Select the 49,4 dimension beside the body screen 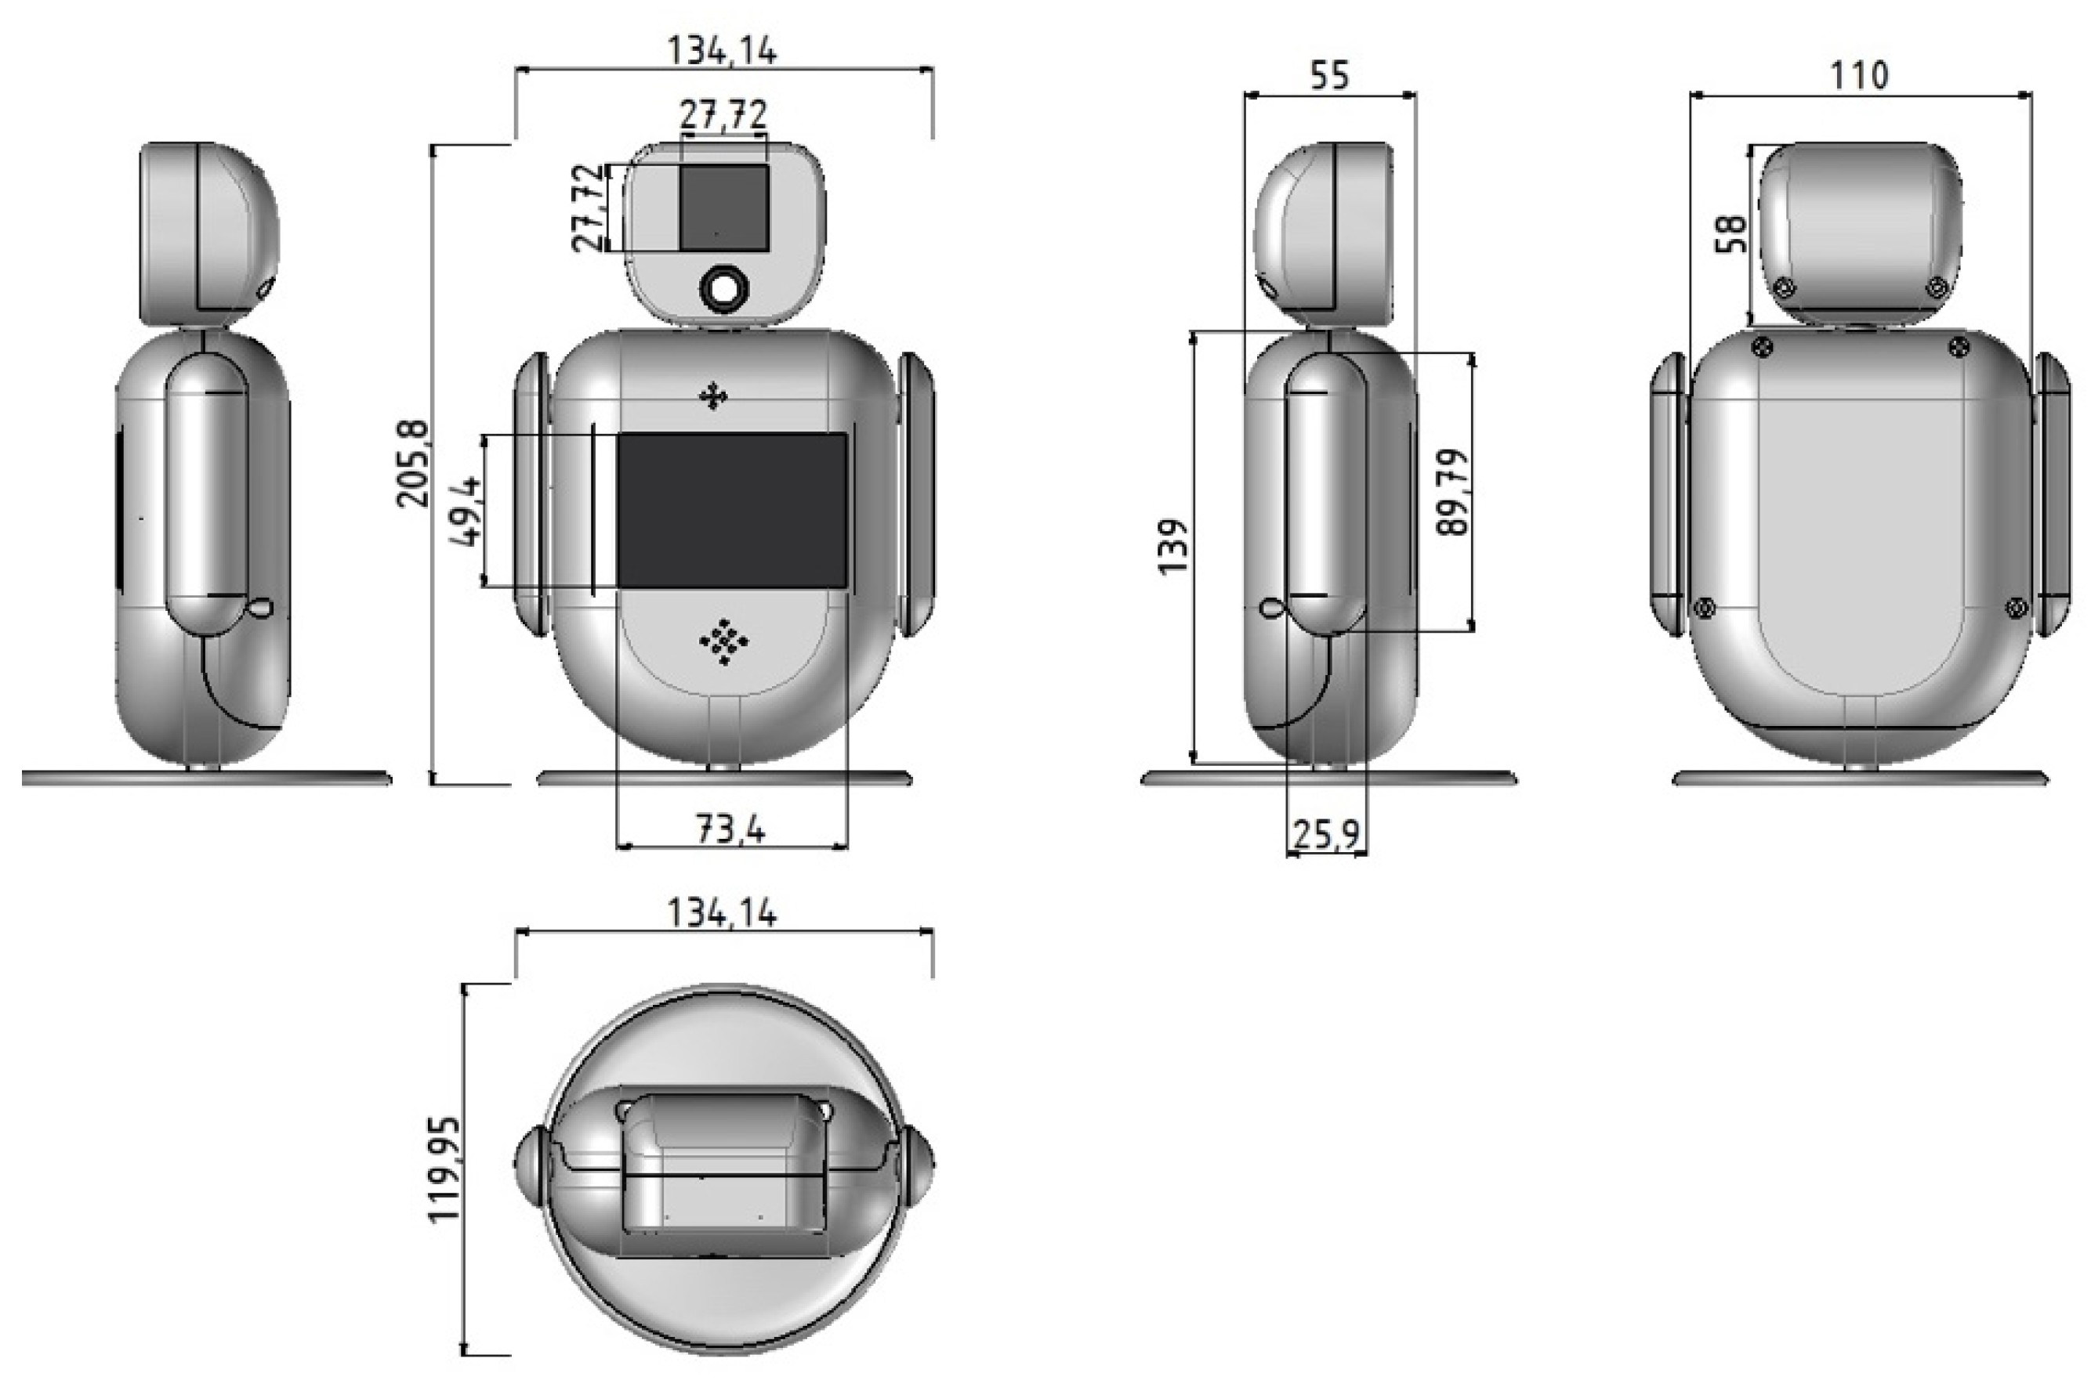click(x=466, y=511)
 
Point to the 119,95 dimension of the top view click(x=444, y=1168)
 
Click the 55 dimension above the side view click(x=1328, y=76)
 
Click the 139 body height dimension click(x=1172, y=547)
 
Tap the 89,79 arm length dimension click(x=1451, y=493)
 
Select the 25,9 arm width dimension click(x=1326, y=833)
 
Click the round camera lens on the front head click(x=723, y=287)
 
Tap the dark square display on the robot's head click(x=723, y=208)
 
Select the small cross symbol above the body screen click(x=712, y=397)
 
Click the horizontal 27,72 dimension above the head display click(x=723, y=115)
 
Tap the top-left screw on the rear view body click(x=1763, y=346)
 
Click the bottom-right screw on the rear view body click(x=2017, y=607)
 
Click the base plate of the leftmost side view click(x=206, y=778)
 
